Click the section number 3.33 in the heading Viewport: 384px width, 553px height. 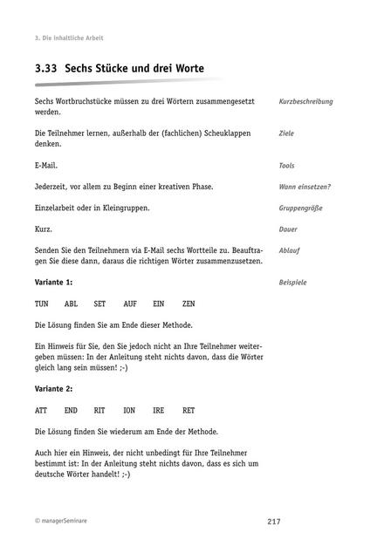point(45,67)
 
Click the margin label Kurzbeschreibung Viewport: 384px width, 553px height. point(305,102)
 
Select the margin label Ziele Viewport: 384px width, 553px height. point(286,133)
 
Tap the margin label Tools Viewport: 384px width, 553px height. point(287,165)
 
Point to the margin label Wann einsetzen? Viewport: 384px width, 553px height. point(305,187)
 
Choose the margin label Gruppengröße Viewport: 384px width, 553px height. point(301,208)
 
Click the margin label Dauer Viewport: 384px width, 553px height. point(288,229)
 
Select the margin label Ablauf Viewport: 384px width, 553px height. point(289,250)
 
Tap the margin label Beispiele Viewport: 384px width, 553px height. point(292,283)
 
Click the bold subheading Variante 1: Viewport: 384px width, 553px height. point(53,283)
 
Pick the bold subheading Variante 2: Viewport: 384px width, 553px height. point(53,387)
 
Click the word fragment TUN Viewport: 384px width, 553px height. point(42,304)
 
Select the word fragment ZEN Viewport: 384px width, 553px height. point(189,304)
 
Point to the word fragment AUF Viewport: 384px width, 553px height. point(130,304)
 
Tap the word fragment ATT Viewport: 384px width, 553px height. point(42,409)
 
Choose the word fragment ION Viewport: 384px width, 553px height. point(129,409)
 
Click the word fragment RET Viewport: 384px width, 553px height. point(189,409)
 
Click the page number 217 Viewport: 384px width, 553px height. point(274,522)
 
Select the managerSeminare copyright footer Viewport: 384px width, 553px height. point(61,522)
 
